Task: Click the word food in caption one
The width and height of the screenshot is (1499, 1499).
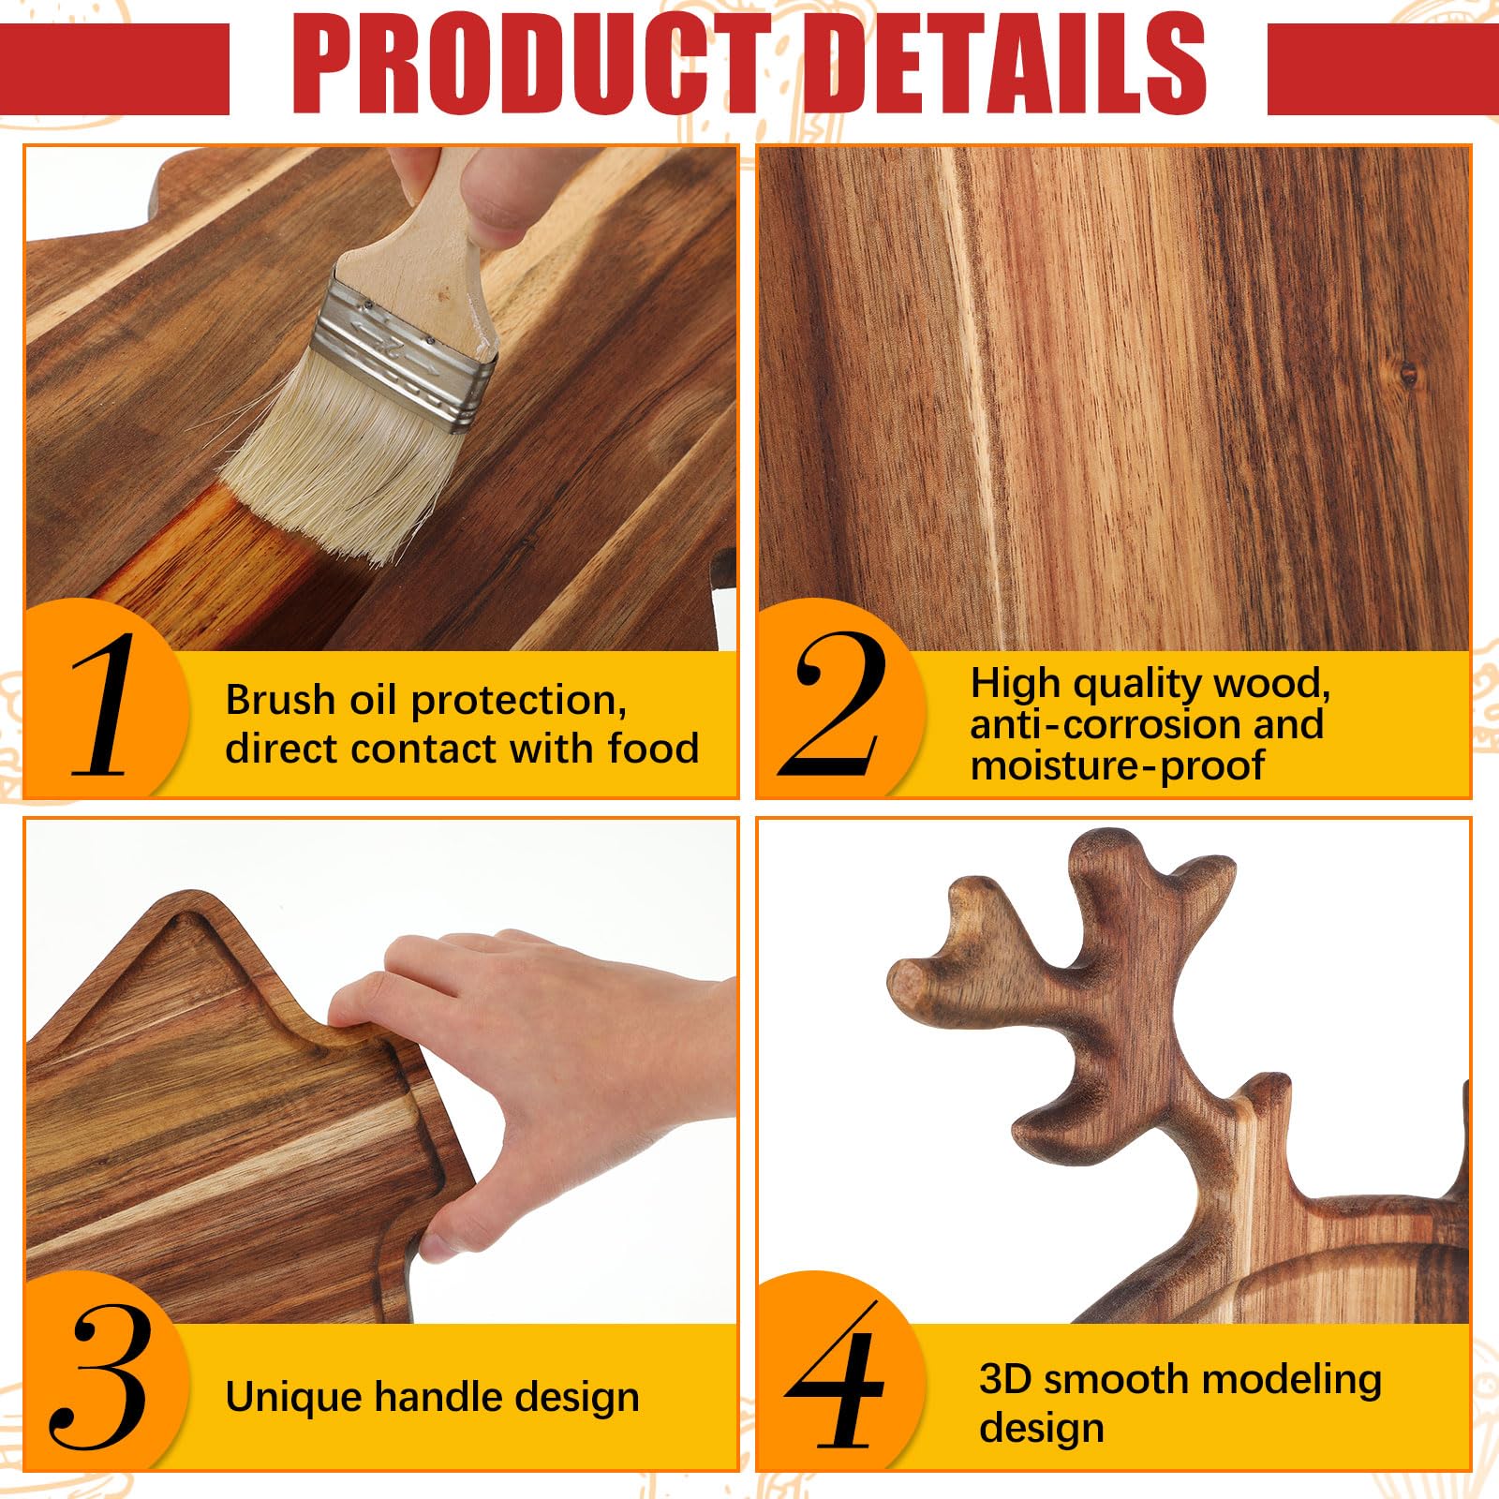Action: click(653, 749)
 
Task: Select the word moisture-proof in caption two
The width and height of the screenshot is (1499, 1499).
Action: click(1117, 765)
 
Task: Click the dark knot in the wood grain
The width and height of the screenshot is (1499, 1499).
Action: click(1408, 376)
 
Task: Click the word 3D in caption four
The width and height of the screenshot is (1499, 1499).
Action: click(1005, 1379)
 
